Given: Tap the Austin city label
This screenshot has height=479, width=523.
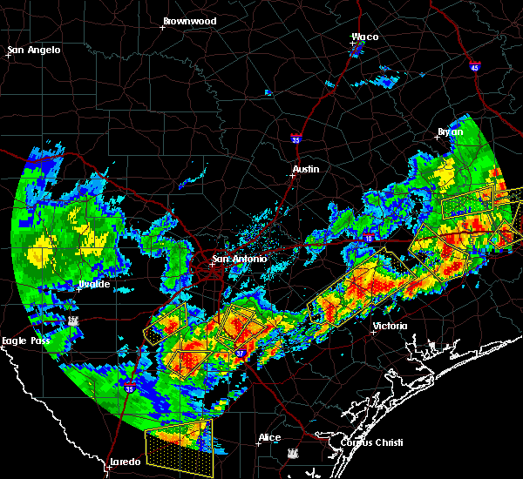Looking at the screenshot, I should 306,169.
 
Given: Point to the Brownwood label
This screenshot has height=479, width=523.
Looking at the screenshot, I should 191,20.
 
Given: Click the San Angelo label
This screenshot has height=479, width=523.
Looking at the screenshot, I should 36,50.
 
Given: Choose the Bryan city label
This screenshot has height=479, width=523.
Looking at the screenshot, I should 451,132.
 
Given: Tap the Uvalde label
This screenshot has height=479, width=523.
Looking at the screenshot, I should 93,284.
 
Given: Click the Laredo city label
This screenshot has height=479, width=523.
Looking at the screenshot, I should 125,462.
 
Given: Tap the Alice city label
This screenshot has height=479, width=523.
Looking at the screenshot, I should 269,437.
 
